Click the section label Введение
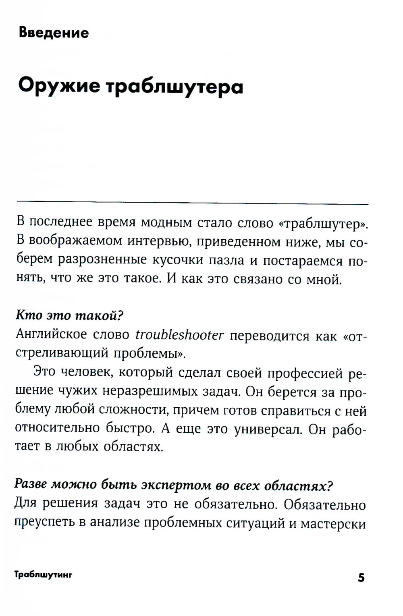click(x=54, y=32)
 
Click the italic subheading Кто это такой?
click(x=69, y=315)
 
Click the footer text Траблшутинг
click(x=43, y=575)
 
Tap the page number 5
click(x=361, y=577)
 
